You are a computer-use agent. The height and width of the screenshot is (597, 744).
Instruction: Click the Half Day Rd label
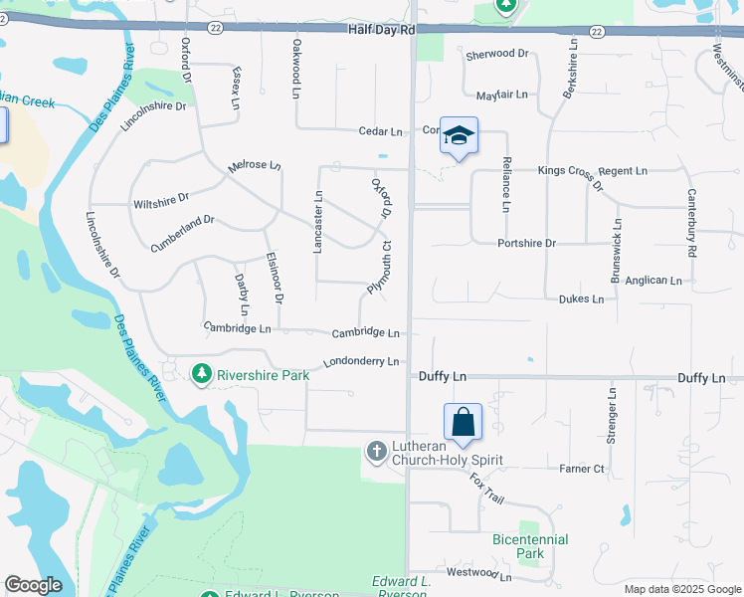(x=381, y=31)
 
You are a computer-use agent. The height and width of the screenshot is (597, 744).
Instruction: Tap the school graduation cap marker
(x=459, y=136)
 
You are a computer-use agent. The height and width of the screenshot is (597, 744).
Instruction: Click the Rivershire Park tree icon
(x=201, y=373)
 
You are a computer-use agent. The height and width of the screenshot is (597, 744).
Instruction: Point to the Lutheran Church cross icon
(x=377, y=452)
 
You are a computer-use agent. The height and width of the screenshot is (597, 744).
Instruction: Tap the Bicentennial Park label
(x=531, y=546)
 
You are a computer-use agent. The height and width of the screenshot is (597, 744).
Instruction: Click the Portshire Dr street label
(x=526, y=243)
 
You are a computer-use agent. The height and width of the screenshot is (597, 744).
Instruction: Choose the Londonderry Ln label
(x=360, y=361)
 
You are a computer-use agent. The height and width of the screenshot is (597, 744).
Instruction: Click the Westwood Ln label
(x=478, y=575)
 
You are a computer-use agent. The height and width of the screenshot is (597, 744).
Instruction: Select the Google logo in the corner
(x=33, y=585)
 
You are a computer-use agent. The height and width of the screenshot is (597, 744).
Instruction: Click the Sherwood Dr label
(x=497, y=54)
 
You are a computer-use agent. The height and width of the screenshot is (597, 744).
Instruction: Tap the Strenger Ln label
(x=612, y=416)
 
